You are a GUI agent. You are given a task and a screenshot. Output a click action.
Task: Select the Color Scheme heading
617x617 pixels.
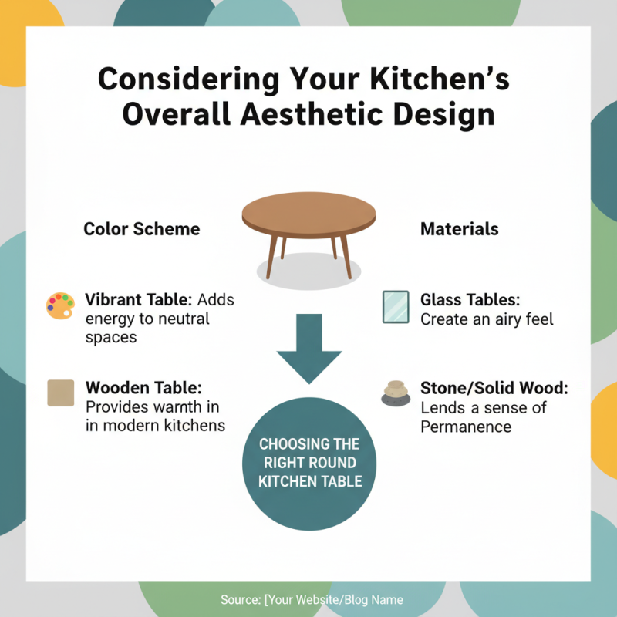[141, 229]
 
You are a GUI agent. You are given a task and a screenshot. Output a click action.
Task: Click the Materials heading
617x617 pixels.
[459, 229]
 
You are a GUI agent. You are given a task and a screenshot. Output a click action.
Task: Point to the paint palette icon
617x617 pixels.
[60, 305]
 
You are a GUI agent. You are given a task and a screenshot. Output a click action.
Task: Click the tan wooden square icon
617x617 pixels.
[60, 393]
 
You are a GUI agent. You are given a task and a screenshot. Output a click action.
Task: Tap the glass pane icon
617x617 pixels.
[396, 306]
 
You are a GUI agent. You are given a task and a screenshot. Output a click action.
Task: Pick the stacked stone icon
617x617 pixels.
[396, 393]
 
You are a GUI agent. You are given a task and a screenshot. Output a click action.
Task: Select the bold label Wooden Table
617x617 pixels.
[143, 387]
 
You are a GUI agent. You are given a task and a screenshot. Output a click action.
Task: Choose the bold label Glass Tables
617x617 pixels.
[470, 300]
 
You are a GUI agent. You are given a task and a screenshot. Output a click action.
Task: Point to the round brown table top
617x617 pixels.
[308, 212]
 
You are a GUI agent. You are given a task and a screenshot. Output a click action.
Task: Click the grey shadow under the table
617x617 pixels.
[308, 270]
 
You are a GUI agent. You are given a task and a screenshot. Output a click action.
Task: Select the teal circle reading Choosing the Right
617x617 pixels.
[308, 462]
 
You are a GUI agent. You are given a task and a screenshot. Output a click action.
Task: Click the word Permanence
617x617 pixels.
[465, 427]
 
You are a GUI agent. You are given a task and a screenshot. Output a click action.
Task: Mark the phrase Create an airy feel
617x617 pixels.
[487, 319]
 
